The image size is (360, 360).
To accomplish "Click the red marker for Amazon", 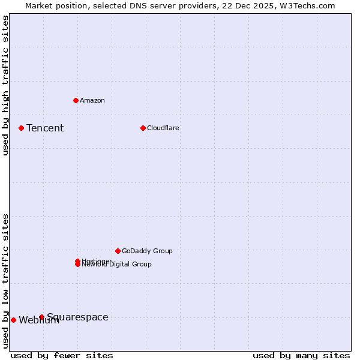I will tap(76, 100).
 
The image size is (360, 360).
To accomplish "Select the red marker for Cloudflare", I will tap(143, 128).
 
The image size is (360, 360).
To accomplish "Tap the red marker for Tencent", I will tap(21, 128).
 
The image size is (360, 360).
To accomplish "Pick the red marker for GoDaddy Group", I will tap(118, 251).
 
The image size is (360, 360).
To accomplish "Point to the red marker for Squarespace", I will tap(41, 317).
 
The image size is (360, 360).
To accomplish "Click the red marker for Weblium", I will tap(13, 320).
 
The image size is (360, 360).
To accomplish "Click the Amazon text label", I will tap(92, 100).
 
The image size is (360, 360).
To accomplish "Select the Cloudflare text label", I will tap(163, 128).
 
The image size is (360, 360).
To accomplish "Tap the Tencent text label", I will tap(45, 128).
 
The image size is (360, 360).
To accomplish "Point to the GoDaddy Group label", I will tap(147, 251).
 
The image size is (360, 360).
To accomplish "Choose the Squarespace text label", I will tap(77, 317).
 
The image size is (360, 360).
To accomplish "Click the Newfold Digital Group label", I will tap(117, 265).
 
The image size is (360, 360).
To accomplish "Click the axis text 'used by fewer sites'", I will tap(62, 355).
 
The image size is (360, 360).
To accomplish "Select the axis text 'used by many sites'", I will tap(301, 355).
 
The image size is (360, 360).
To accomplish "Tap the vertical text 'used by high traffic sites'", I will tap(5, 85).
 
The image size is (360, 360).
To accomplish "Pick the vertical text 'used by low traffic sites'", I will tap(5, 280).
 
